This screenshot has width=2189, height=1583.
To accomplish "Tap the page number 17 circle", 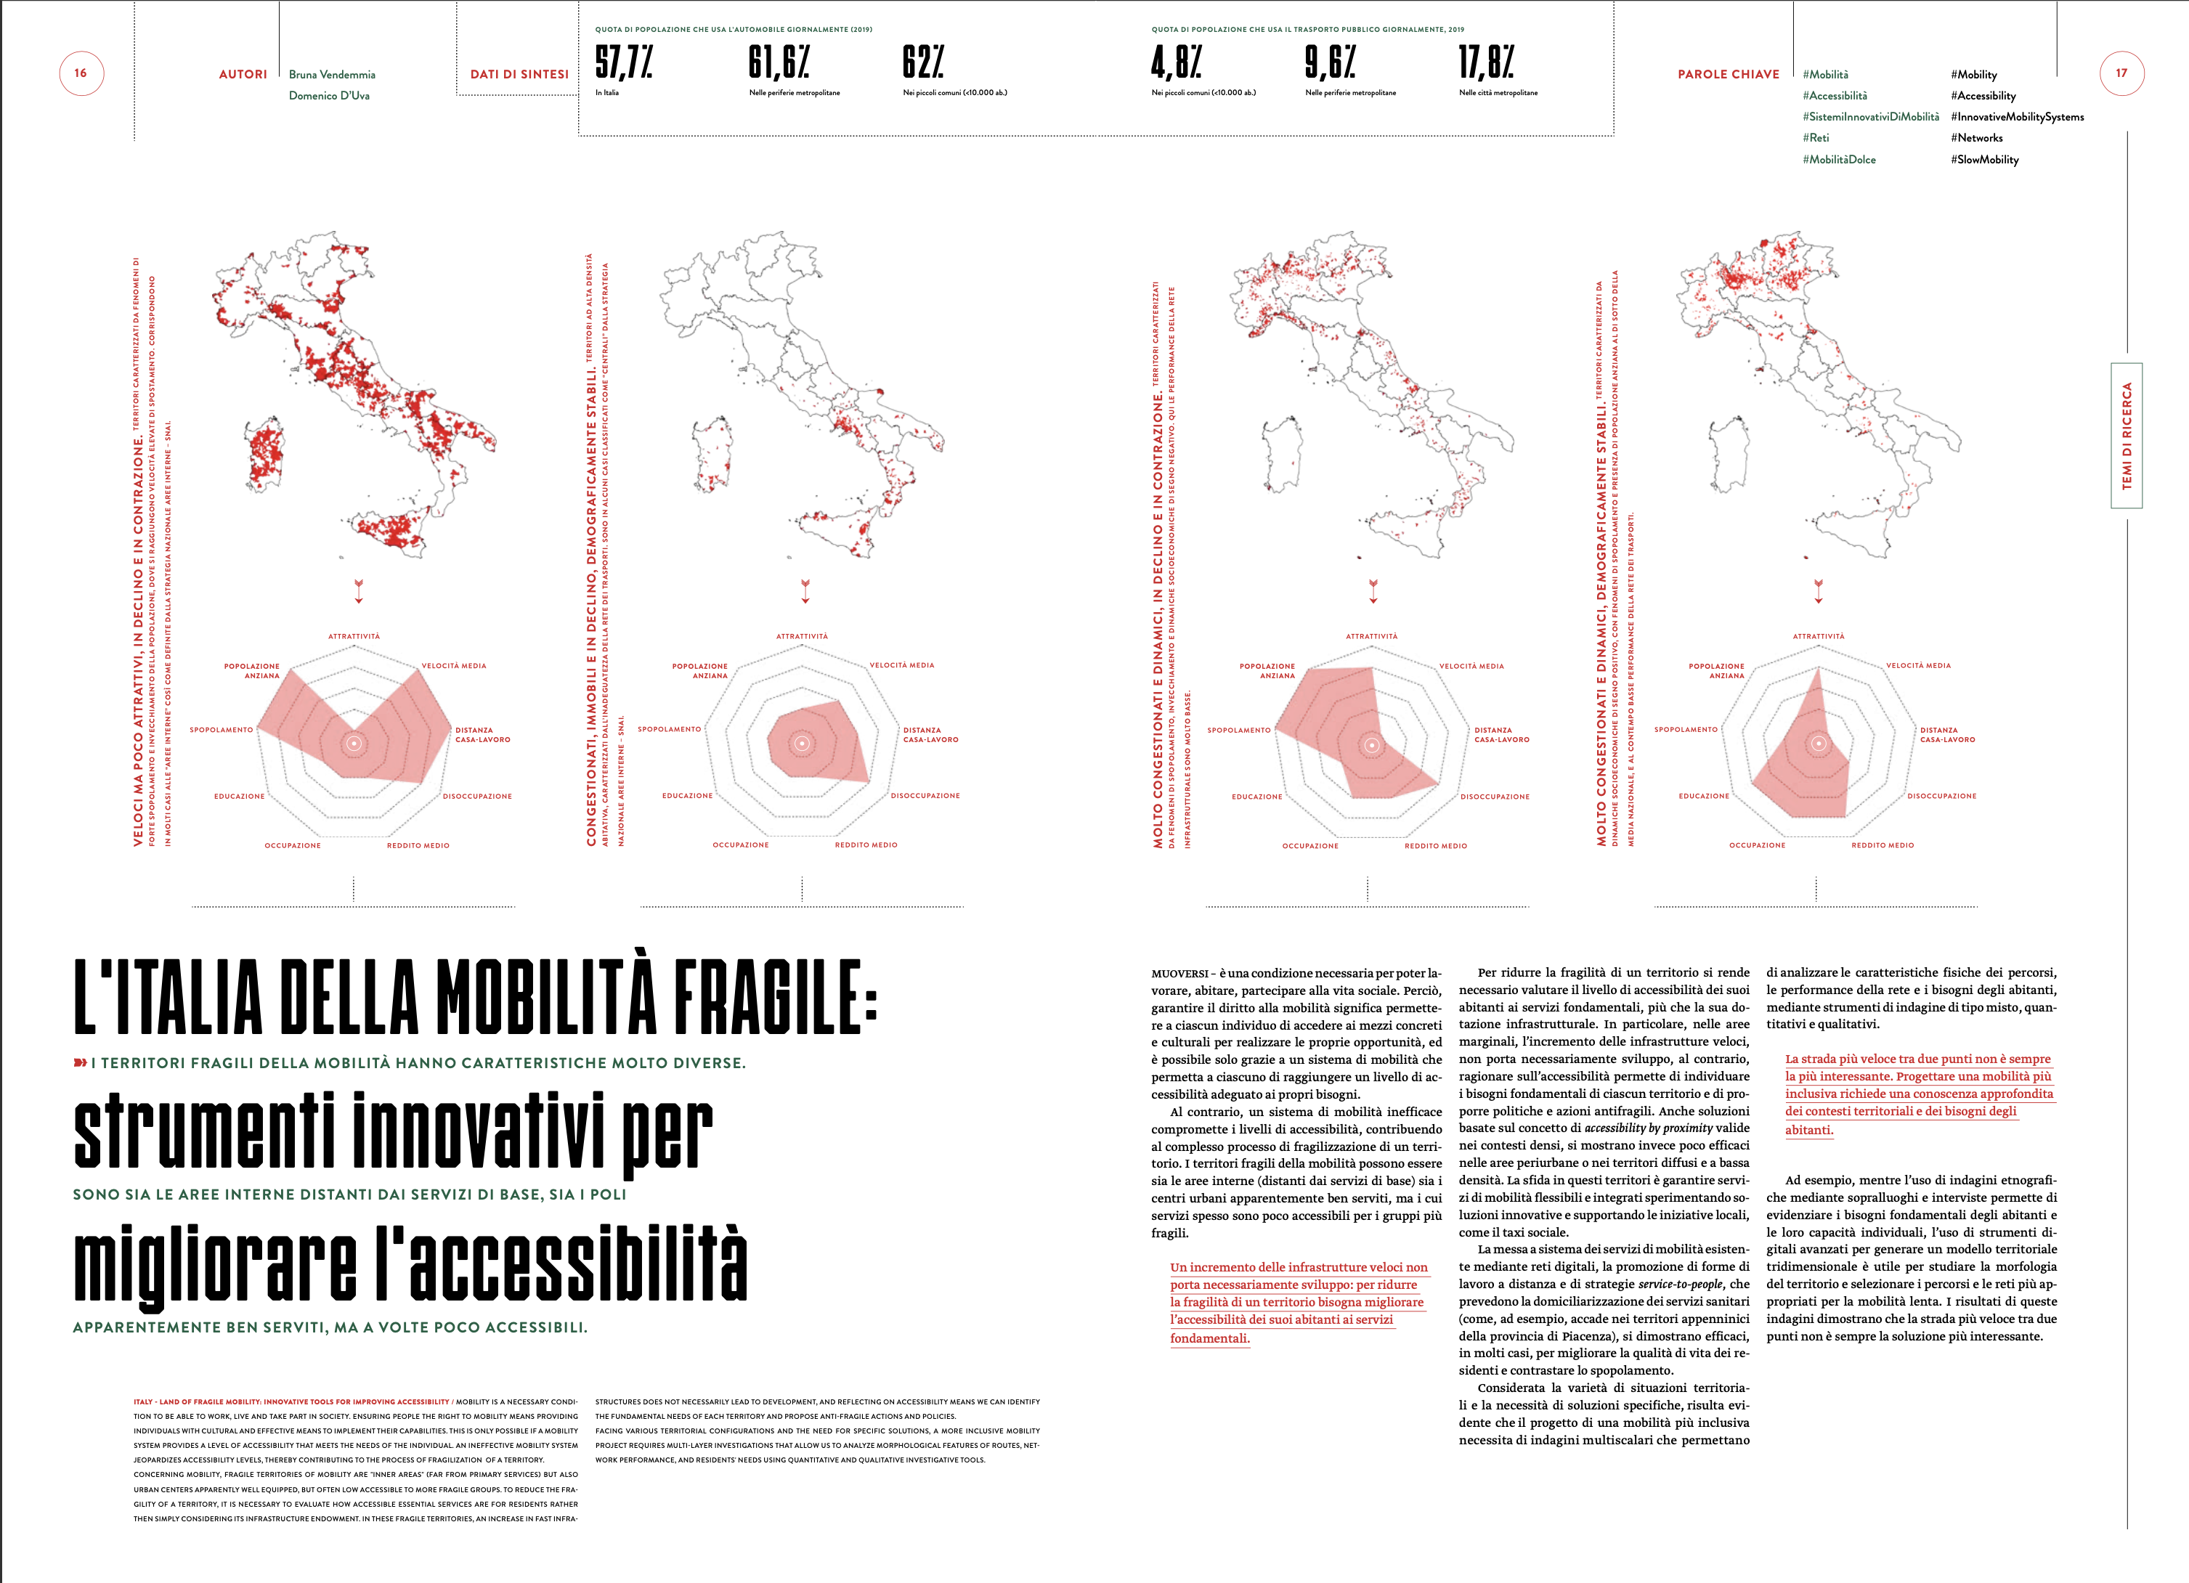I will (2121, 73).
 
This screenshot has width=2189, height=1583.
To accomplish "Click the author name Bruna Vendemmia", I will (332, 74).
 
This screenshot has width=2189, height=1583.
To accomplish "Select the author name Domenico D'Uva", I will (329, 96).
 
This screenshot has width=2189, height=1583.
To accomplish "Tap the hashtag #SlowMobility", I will (1984, 159).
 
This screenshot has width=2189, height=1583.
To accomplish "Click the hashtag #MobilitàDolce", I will (1839, 159).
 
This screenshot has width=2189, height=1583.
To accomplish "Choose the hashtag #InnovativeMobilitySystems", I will (2017, 117).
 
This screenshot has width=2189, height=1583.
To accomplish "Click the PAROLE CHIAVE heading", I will (1728, 74).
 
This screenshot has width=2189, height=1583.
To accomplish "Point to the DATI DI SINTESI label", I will (519, 74).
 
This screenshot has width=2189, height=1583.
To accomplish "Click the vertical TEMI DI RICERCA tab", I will (2127, 436).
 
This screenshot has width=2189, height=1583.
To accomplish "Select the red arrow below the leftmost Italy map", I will (359, 591).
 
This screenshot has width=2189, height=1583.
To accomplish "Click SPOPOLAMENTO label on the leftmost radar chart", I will (221, 730).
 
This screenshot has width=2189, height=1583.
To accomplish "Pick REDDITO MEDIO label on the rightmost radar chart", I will (1882, 845).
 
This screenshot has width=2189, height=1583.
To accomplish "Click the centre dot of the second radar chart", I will (802, 744).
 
